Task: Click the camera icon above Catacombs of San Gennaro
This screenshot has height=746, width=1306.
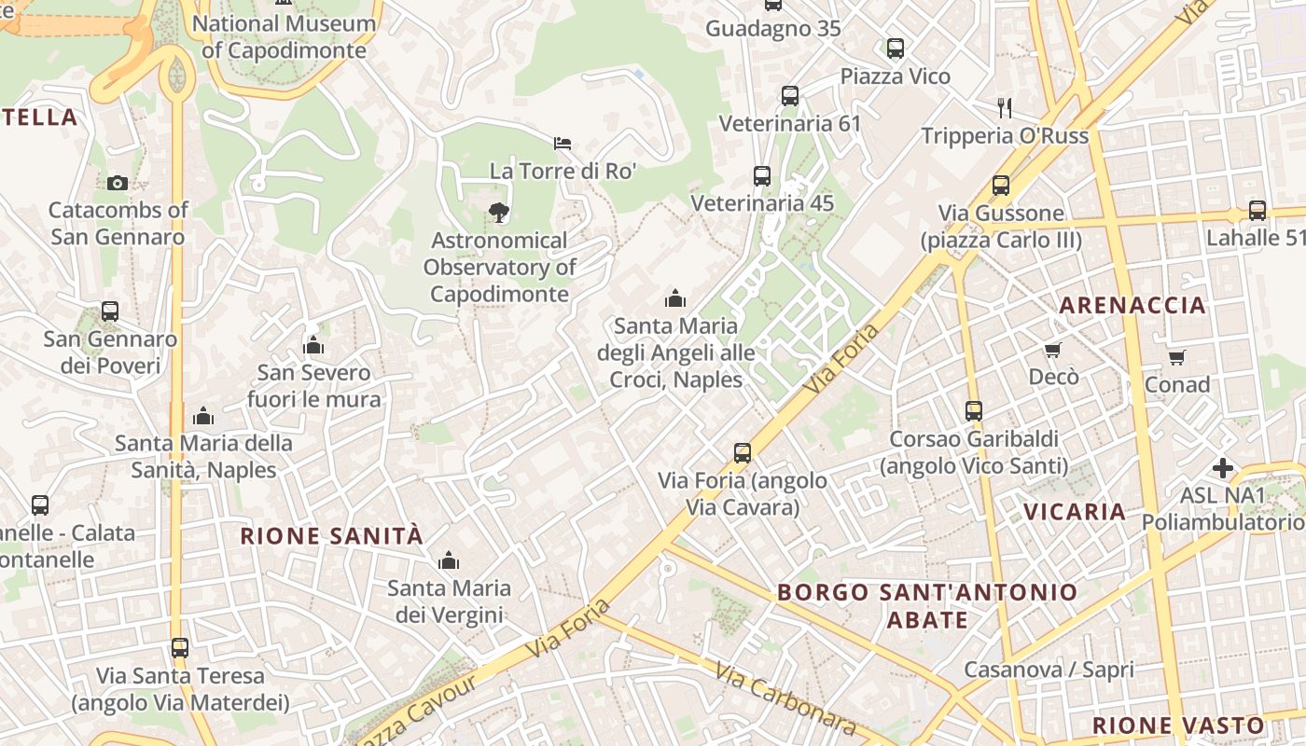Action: tap(117, 183)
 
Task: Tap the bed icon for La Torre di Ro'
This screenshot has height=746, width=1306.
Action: tap(563, 144)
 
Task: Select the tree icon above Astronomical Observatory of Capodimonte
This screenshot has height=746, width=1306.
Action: tap(499, 213)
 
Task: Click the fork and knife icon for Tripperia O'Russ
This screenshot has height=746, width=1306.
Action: tap(1005, 107)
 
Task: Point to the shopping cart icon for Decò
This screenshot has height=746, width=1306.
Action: tap(1053, 350)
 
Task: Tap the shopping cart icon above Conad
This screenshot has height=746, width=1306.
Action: tap(1176, 357)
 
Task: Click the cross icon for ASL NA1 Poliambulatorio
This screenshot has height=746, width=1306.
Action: tap(1223, 467)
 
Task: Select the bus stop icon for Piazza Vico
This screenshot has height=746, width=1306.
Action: tap(896, 48)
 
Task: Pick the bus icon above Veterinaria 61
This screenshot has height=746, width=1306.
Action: tap(790, 96)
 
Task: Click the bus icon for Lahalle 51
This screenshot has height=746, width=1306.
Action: tap(1257, 211)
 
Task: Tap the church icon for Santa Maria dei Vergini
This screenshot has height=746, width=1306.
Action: tap(449, 560)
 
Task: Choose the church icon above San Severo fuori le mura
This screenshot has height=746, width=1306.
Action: tap(313, 346)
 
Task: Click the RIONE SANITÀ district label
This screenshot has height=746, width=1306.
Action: tap(332, 536)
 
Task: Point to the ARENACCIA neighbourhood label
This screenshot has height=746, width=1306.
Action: tap(1132, 305)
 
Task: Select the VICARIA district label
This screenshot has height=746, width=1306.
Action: tap(1075, 512)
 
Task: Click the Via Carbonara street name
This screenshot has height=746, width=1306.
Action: tap(785, 698)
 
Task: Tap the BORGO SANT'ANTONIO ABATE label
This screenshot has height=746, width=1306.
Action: tap(927, 605)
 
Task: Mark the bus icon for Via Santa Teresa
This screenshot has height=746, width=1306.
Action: tap(180, 647)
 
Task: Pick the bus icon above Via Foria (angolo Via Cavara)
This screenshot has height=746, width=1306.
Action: tap(743, 453)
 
